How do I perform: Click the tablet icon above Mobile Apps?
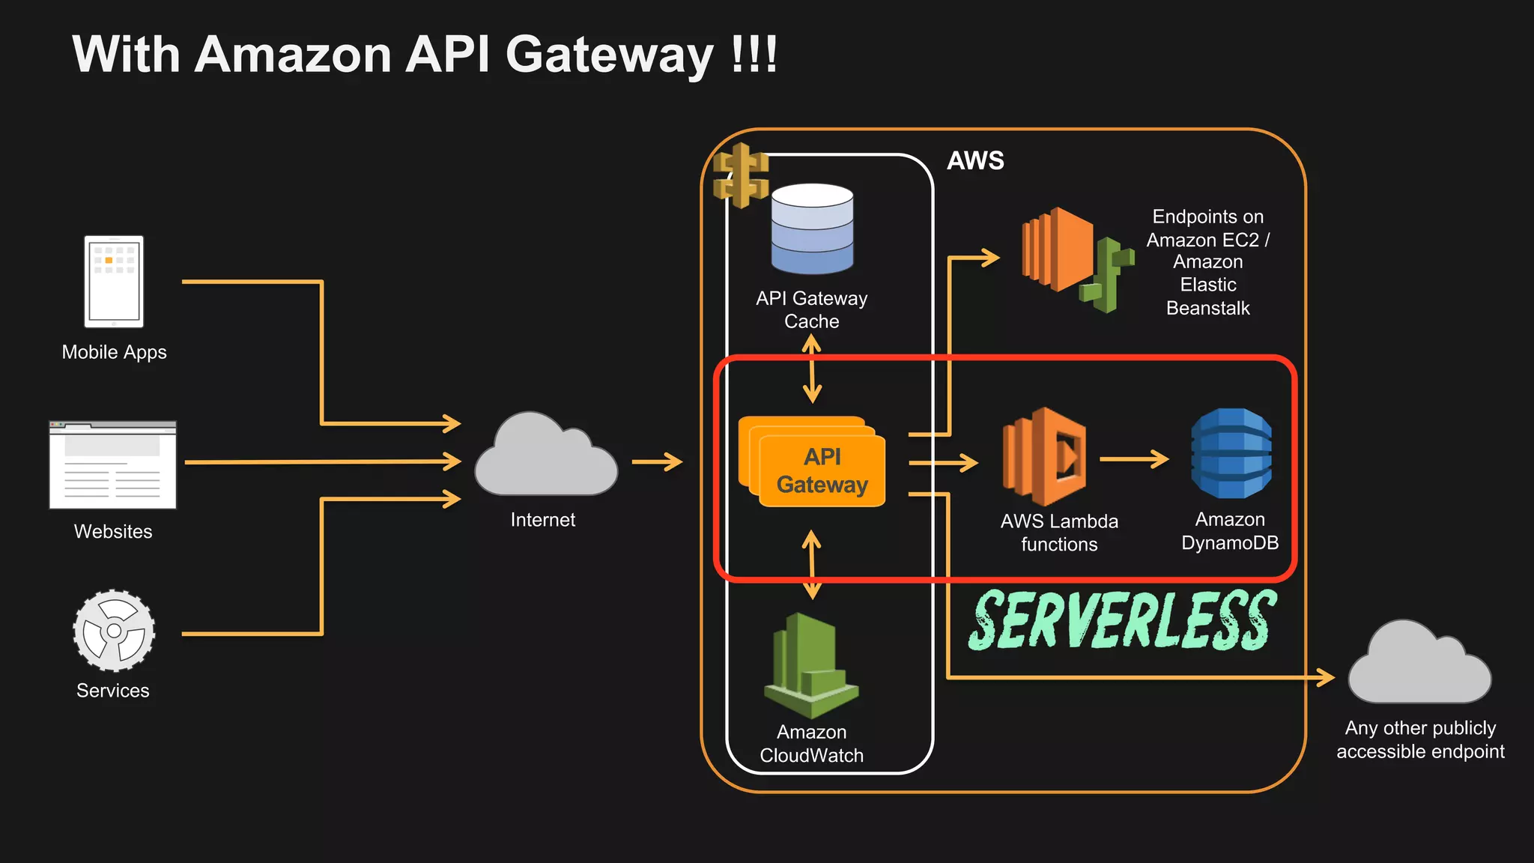click(114, 282)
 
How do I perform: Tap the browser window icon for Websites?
click(113, 465)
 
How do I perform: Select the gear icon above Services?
click(114, 631)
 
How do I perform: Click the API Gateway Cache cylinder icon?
click(812, 229)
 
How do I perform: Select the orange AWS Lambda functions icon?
click(1045, 457)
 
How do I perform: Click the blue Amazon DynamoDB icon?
click(1231, 454)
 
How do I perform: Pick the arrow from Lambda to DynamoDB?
click(1134, 458)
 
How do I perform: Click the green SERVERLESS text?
click(1121, 620)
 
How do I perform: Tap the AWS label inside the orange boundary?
click(974, 160)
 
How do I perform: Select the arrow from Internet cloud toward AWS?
click(657, 461)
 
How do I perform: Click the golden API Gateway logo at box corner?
click(741, 175)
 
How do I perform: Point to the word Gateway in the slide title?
click(609, 55)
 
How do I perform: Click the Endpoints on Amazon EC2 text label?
click(1207, 262)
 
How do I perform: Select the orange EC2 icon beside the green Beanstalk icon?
click(1055, 250)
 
